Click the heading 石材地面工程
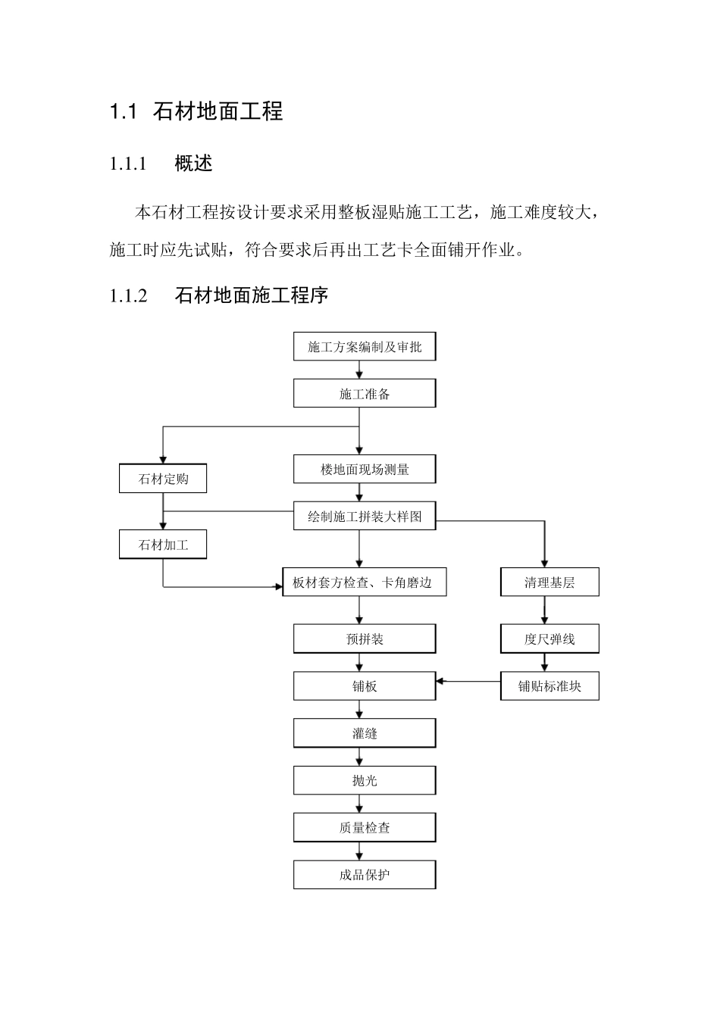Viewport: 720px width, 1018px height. tap(218, 112)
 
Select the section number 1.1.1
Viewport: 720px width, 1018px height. tap(128, 164)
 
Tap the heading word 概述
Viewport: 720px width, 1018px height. tap(193, 164)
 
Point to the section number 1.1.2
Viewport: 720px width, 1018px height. tap(128, 295)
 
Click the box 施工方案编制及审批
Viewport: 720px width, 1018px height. tap(365, 347)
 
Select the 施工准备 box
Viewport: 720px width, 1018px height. tap(365, 394)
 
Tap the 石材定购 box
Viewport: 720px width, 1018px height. tap(163, 479)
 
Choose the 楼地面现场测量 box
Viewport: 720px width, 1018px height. tap(365, 470)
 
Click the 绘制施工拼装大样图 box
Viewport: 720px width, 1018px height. tap(365, 517)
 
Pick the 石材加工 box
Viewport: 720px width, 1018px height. tap(163, 545)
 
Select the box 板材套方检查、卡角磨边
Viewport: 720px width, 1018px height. tap(364, 582)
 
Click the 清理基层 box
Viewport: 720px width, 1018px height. tap(549, 582)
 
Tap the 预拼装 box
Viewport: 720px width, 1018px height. tap(365, 639)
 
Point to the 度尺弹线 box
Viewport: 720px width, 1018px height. tap(549, 639)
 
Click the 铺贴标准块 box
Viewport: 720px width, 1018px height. tap(549, 686)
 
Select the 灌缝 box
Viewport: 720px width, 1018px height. tap(365, 733)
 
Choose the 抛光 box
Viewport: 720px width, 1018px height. tap(365, 780)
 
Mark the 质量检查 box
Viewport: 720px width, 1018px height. tap(365, 828)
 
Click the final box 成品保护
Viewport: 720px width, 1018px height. tap(365, 875)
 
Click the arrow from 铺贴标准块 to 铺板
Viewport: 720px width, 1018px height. tap(468, 682)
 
